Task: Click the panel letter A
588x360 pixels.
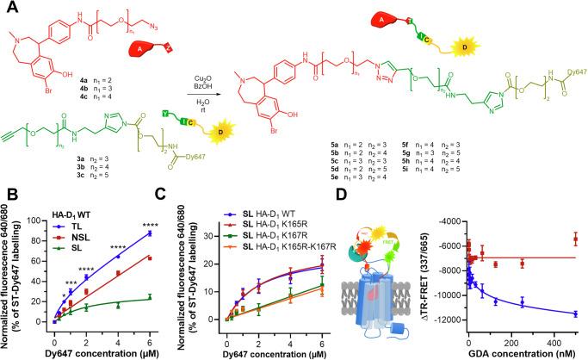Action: coord(8,9)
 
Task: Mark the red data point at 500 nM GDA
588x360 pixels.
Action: coord(575,239)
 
